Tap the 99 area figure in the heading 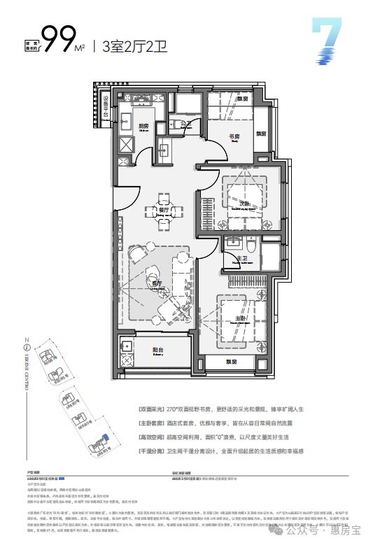click(58, 40)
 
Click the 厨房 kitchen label click(145, 127)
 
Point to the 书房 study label click(235, 136)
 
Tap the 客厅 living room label click(157, 282)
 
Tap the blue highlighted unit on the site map click(103, 441)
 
